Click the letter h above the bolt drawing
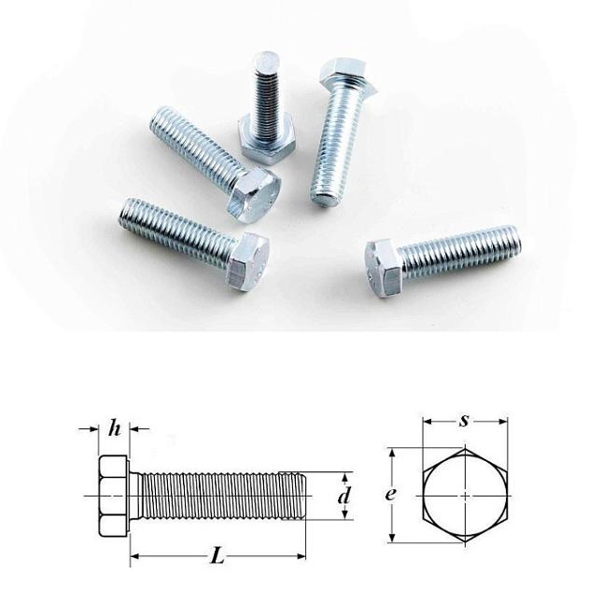point(115,429)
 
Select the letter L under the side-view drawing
point(217,556)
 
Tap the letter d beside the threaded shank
point(344,497)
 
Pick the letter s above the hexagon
point(464,420)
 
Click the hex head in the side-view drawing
point(112,496)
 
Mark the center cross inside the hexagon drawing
point(465,496)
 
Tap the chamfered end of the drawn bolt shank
point(301,496)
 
